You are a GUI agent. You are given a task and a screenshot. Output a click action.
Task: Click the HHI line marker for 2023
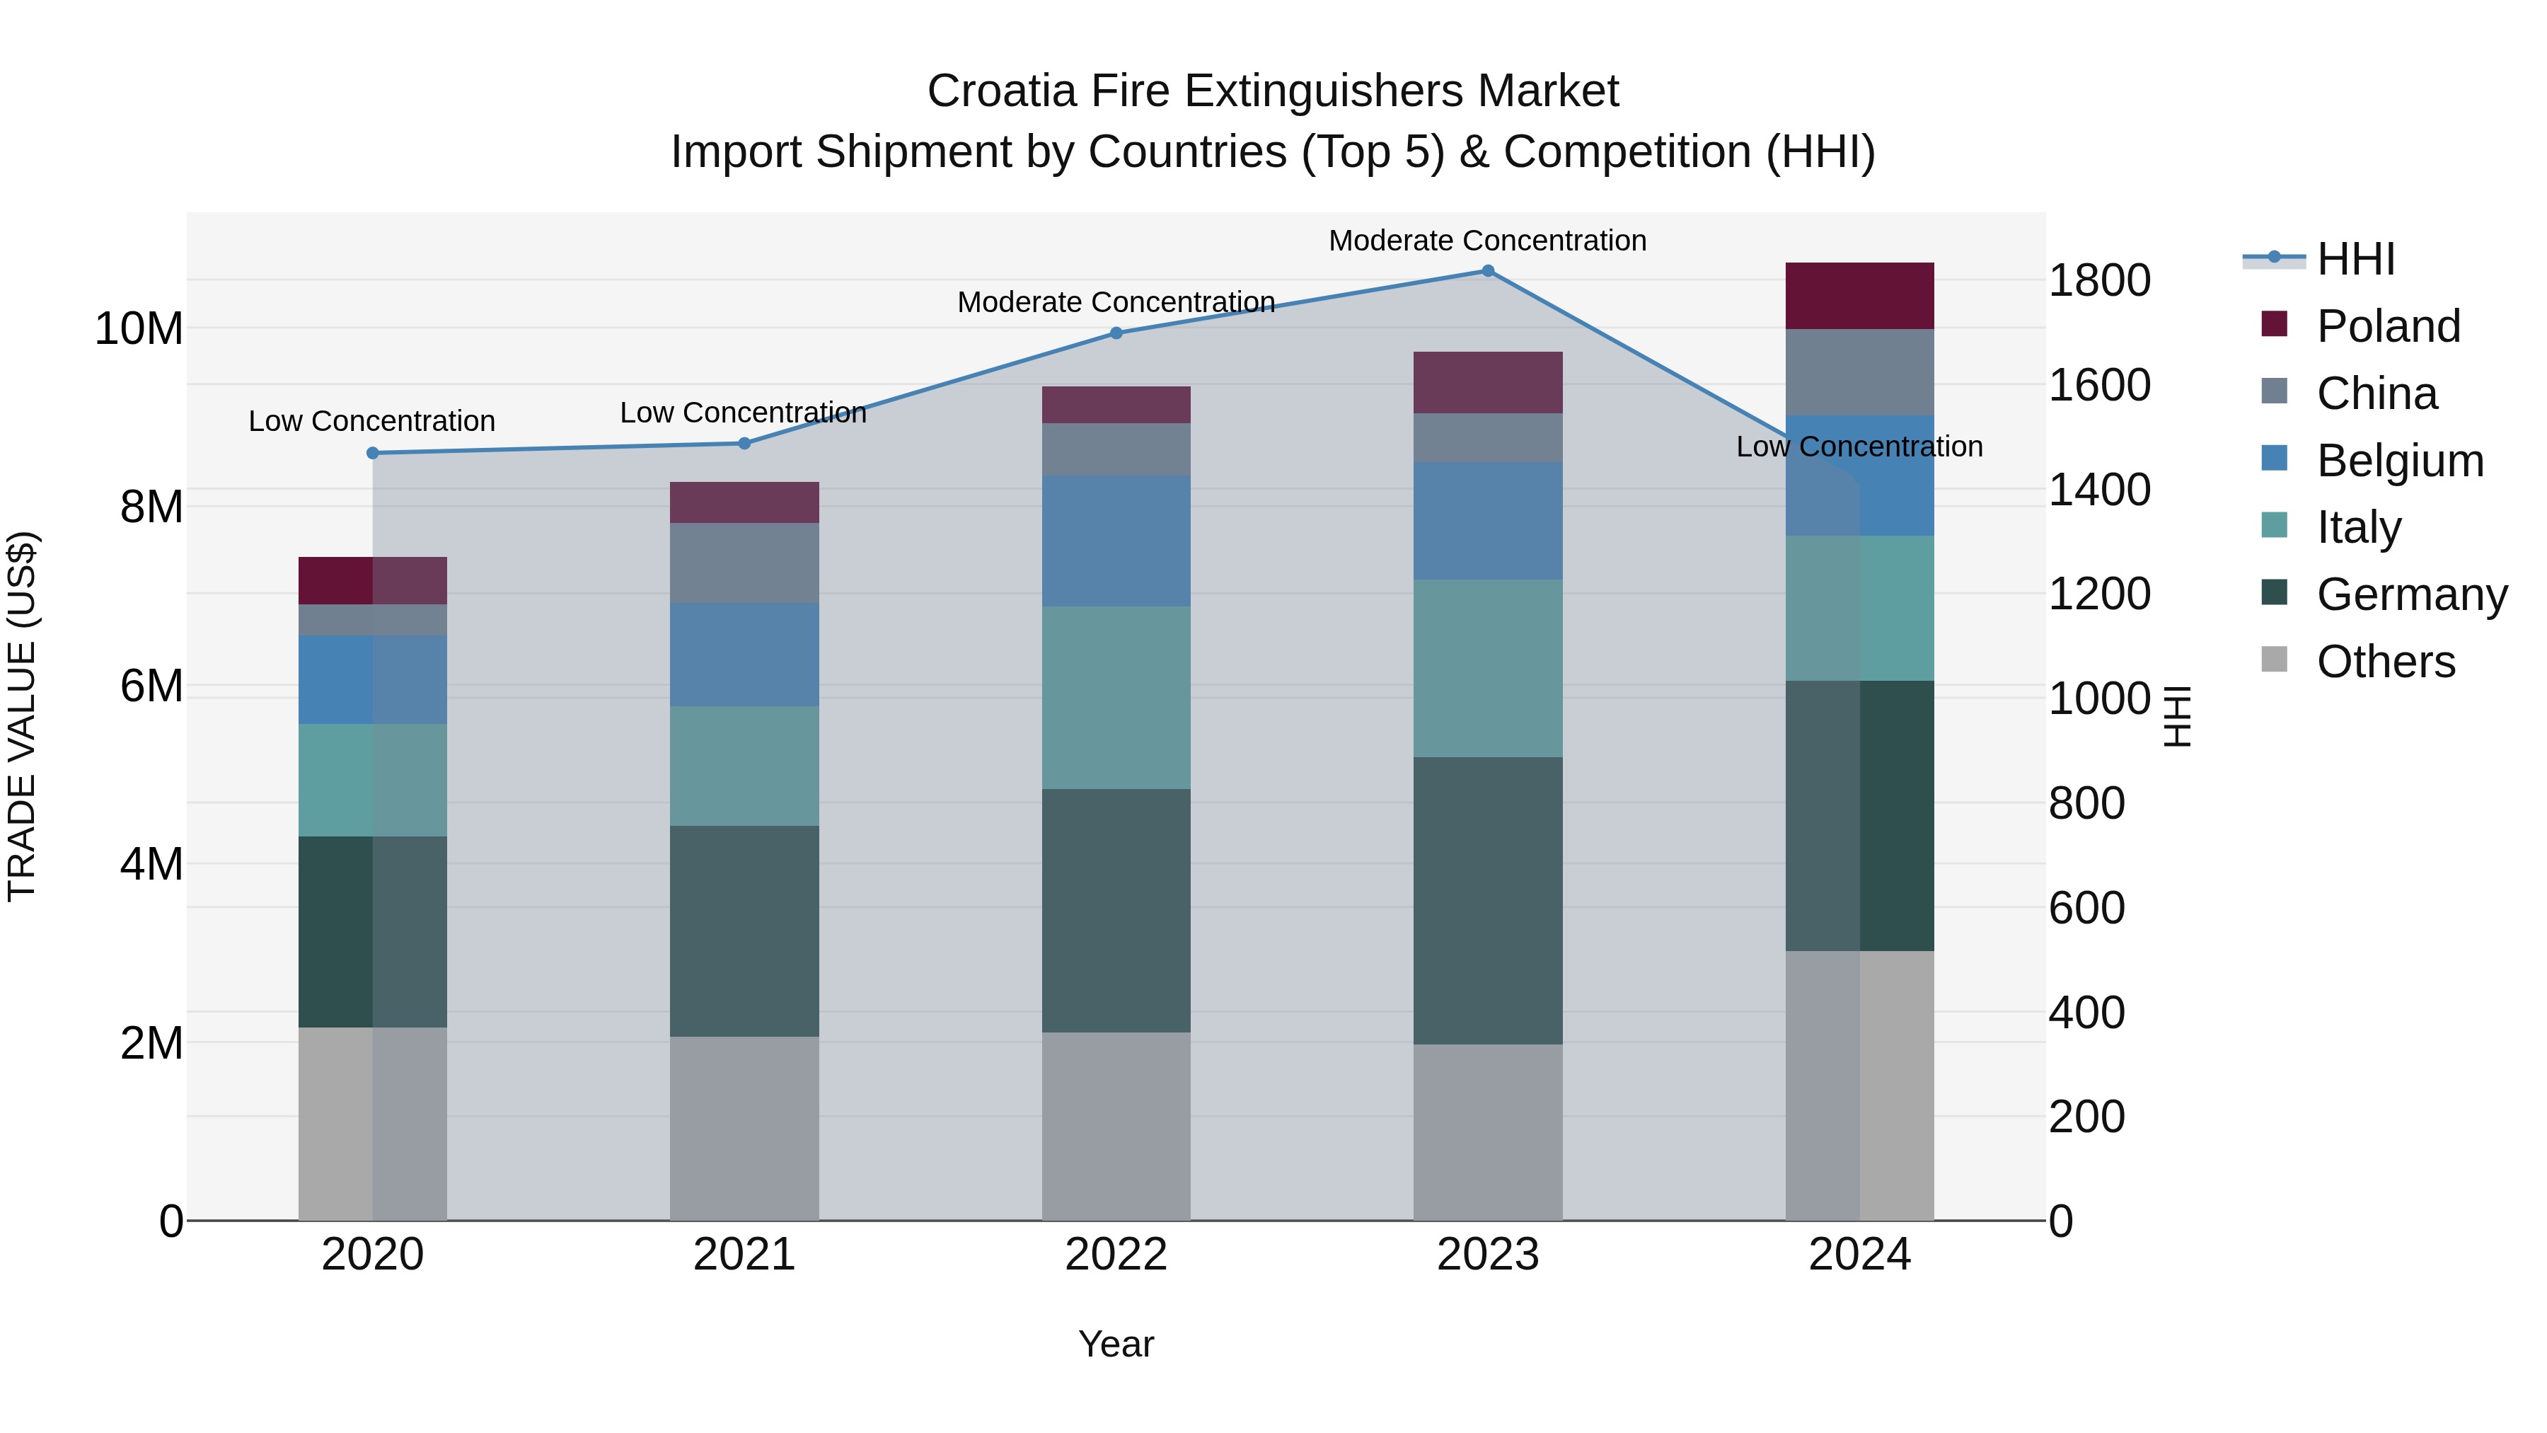[x=1487, y=271]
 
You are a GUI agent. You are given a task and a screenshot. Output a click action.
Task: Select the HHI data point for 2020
[x=373, y=453]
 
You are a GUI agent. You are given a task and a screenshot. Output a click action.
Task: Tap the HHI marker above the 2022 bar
[x=1116, y=333]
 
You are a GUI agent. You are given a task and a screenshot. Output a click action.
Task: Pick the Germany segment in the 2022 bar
[x=1116, y=910]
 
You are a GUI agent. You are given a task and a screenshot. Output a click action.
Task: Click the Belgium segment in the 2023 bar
[x=1487, y=520]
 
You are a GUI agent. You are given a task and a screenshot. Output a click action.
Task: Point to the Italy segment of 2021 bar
[x=744, y=766]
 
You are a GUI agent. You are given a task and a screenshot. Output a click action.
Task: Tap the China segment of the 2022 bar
[x=1116, y=450]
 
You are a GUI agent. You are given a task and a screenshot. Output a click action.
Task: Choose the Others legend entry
[x=2385, y=662]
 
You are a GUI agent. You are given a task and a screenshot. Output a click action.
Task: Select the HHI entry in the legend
[x=2355, y=259]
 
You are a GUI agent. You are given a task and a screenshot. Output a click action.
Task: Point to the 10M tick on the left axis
[x=139, y=328]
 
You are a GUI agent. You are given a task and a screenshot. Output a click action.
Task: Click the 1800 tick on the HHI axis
[x=2098, y=281]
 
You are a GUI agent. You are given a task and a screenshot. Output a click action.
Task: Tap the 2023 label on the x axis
[x=1487, y=1255]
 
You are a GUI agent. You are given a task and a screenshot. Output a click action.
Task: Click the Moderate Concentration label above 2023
[x=1487, y=241]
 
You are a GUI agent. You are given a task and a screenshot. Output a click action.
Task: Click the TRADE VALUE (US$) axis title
[x=22, y=716]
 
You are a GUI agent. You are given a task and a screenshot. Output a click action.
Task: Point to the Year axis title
[x=1116, y=1344]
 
